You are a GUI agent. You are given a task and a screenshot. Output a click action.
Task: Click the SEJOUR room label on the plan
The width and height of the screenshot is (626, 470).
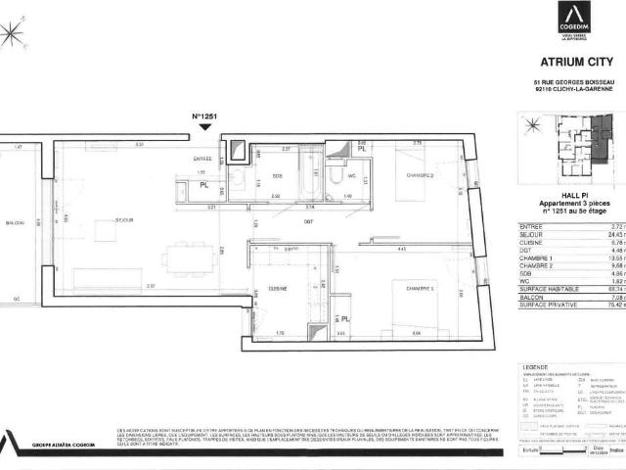pos(124,220)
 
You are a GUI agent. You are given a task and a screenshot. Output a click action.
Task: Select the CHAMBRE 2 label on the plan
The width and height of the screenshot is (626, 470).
pos(421,175)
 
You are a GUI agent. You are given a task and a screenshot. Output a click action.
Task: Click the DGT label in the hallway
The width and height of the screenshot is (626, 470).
pos(308,221)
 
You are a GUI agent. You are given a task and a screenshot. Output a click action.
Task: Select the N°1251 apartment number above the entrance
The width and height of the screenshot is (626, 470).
pos(202,117)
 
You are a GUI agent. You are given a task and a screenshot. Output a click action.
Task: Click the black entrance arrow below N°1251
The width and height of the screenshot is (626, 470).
pos(202,128)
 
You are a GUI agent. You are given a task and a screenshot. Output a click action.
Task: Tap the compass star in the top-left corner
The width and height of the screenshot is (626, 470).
pos(13,32)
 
